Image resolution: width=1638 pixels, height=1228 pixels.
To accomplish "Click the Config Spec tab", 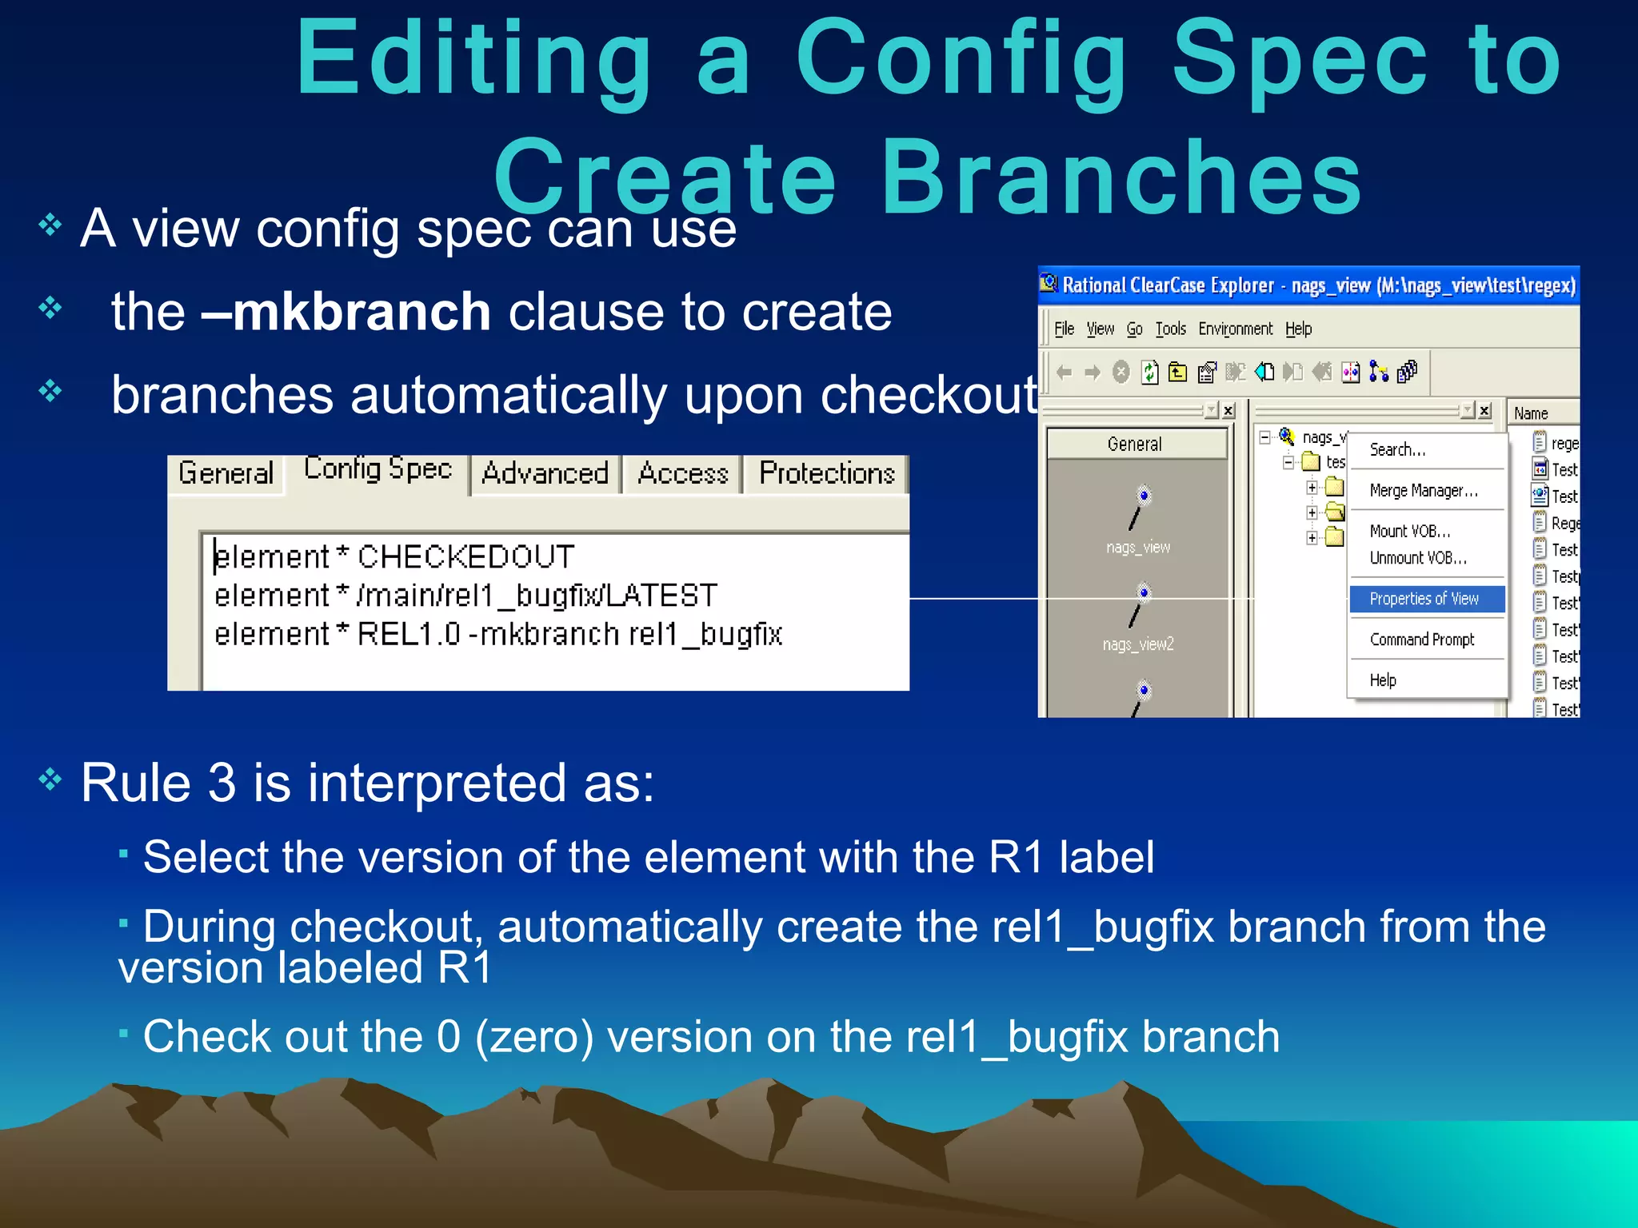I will coord(378,469).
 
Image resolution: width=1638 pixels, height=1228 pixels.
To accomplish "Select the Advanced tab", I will coord(545,473).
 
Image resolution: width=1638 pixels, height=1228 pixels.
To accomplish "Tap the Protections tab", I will coord(826,473).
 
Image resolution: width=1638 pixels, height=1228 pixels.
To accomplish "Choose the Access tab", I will coord(683,473).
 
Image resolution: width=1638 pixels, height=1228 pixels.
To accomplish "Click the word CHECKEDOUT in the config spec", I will coord(465,556).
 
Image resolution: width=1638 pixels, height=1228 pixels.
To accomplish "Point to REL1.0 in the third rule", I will coord(408,634).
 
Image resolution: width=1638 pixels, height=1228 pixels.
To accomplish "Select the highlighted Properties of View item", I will coord(1424,599).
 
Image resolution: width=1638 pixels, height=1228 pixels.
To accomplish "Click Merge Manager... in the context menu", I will coord(1424,490).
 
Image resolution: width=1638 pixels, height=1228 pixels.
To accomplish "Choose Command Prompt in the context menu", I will coord(1421,640).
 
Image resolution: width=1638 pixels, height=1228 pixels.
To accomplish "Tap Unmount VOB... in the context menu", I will coord(1418,558).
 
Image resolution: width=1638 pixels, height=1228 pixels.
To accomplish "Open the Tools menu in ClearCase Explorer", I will coord(1170,329).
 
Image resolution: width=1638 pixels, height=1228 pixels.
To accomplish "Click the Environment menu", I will coord(1235,329).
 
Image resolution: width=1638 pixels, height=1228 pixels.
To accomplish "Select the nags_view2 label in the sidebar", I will coord(1137,644).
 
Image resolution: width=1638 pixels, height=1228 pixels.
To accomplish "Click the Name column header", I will coord(1531,413).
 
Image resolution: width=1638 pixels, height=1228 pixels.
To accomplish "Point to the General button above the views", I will coord(1134,444).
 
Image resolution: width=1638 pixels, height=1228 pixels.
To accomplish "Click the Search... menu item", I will coord(1396,449).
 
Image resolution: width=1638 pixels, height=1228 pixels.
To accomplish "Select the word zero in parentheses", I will coord(533,1037).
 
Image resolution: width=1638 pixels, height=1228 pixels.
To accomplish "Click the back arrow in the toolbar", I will coord(1064,373).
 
